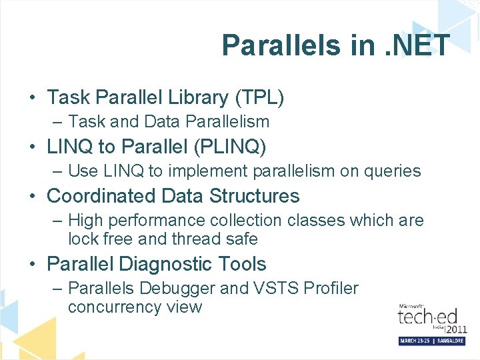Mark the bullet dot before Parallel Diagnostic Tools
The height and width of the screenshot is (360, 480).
[33, 265]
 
